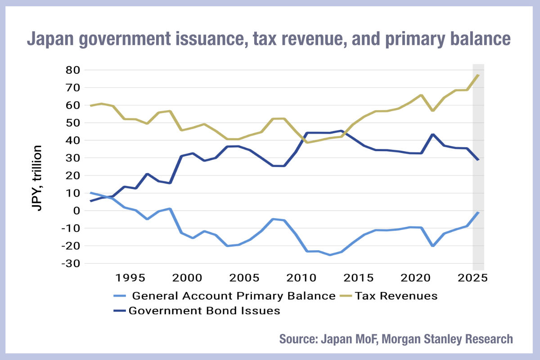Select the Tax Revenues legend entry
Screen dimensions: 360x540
click(396, 296)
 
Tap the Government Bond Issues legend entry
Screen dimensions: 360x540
click(204, 310)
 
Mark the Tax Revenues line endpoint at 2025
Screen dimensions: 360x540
click(478, 75)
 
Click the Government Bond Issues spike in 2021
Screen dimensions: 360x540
click(432, 134)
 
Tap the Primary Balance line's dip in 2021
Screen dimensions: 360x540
click(432, 246)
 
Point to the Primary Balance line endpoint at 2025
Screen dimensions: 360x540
click(478, 212)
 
